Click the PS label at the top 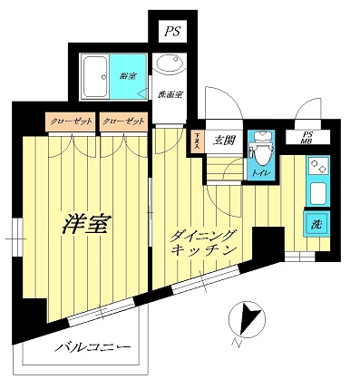point(172,33)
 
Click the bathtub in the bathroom point(95,78)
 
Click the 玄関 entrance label point(224,140)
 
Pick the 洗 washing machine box point(316,224)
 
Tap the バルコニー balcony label point(92,347)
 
